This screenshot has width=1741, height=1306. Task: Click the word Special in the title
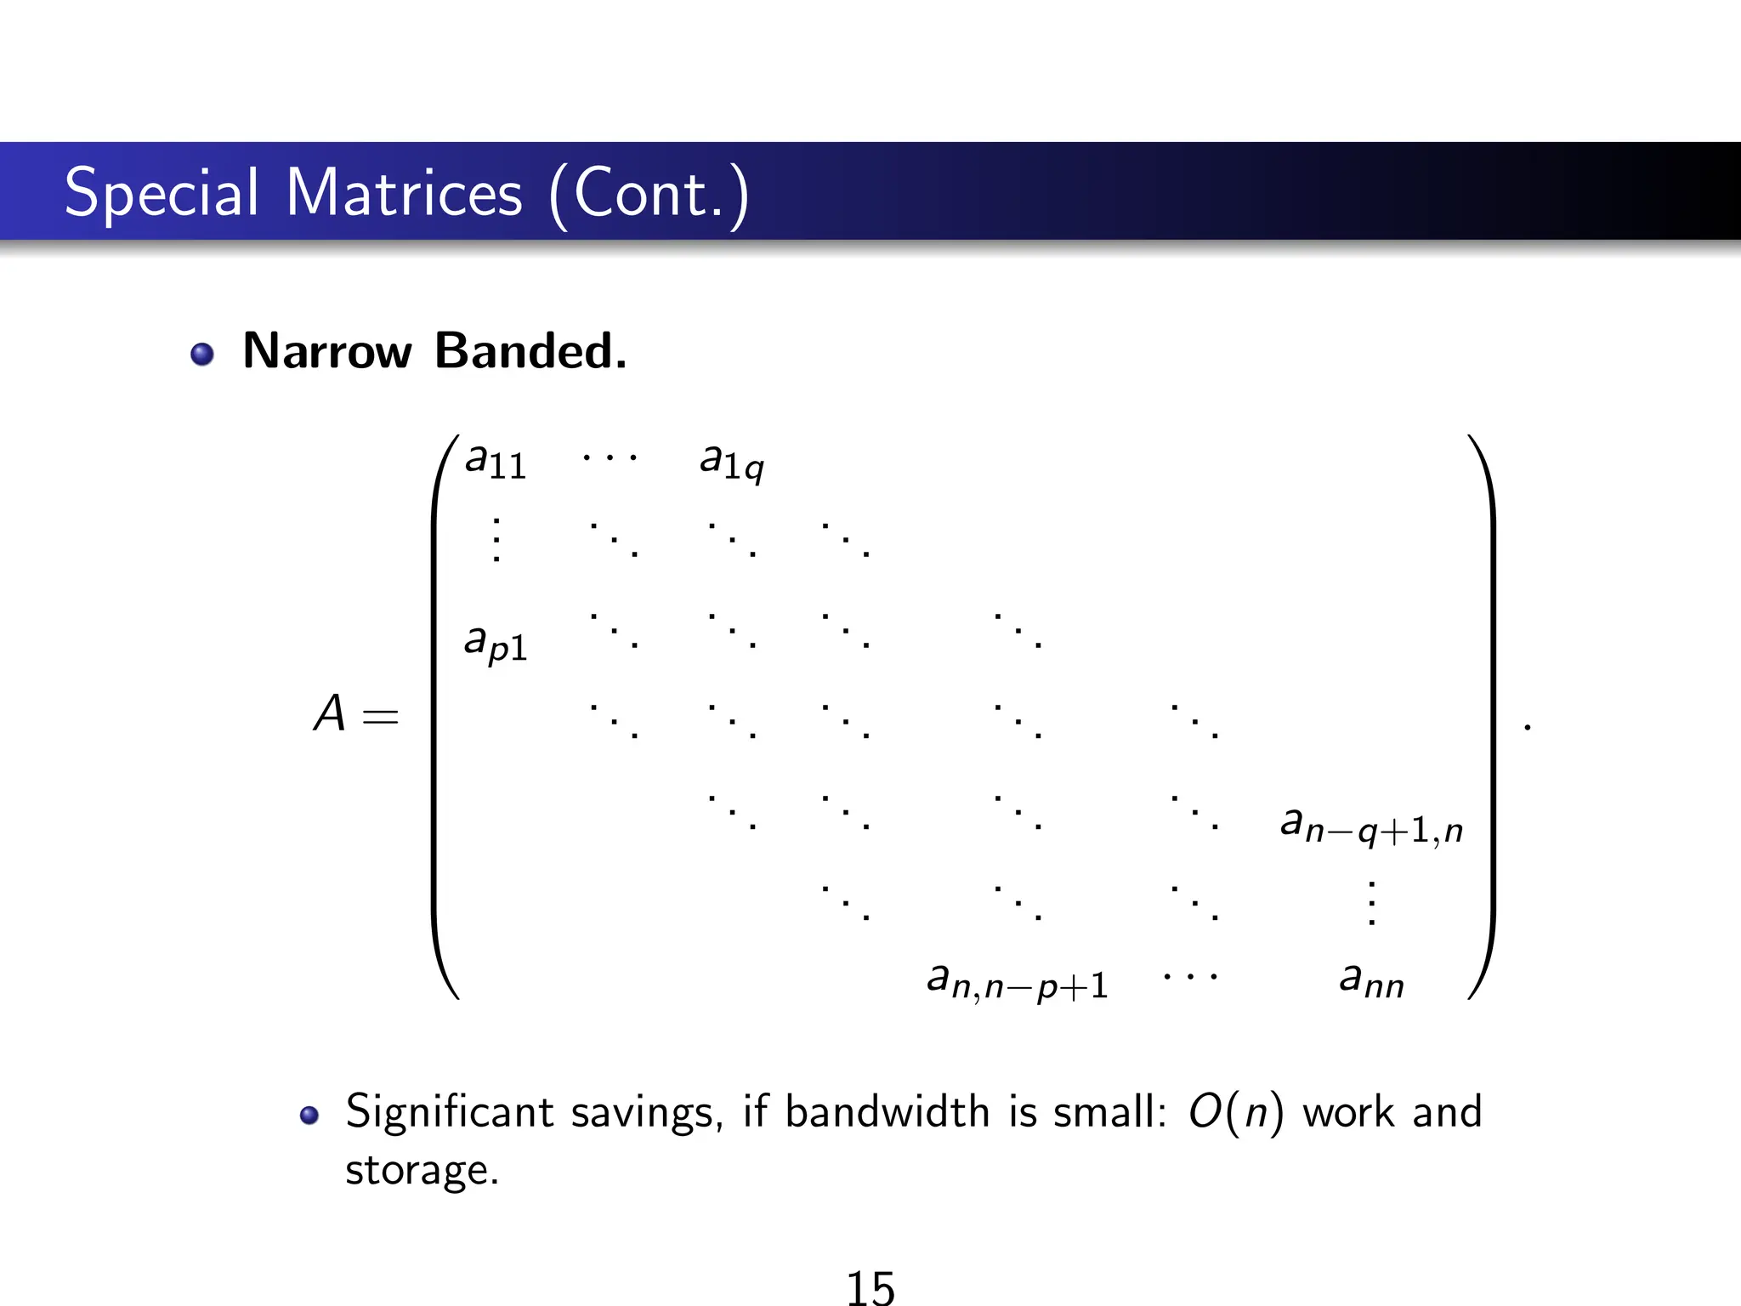point(162,194)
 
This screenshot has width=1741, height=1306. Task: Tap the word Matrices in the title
point(404,194)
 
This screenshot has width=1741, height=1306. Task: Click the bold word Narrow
point(327,350)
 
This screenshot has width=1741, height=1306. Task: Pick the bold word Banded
point(530,350)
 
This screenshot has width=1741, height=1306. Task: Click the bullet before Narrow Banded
point(202,354)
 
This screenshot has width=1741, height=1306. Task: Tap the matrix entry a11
point(496,462)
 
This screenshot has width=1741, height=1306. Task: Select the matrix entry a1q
point(731,462)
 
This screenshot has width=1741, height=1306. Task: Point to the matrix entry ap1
point(496,644)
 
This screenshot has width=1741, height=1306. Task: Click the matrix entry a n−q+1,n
point(1371,825)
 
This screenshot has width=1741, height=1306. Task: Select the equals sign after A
point(380,717)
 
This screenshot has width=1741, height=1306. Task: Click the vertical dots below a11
point(496,539)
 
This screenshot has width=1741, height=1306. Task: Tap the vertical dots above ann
point(1371,902)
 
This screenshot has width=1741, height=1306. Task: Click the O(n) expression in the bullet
point(1235,1112)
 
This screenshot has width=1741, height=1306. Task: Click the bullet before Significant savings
point(309,1116)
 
